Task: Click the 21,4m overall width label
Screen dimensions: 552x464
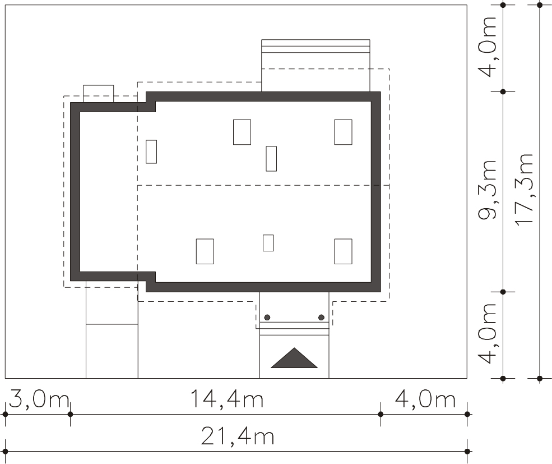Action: point(237,436)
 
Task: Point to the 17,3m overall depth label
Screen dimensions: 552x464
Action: point(524,189)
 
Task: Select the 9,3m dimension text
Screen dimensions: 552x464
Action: point(488,190)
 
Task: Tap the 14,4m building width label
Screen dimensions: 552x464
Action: point(227,399)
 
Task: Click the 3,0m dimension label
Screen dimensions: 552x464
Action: point(39,399)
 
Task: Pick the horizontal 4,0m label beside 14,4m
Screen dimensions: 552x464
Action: point(425,399)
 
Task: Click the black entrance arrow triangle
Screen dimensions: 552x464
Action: point(294,358)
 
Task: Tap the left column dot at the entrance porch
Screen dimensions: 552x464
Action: point(267,318)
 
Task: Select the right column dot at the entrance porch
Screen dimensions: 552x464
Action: point(321,318)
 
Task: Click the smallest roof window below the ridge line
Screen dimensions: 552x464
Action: point(268,243)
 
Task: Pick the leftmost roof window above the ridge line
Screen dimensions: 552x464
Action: point(151,151)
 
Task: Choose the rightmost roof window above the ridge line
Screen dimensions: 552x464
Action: point(343,132)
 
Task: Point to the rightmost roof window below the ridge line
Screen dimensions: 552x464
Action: point(343,251)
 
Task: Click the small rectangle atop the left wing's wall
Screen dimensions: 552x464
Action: point(99,94)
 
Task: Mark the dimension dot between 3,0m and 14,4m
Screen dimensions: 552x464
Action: point(70,414)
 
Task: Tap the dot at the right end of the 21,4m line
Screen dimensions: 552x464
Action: point(467,451)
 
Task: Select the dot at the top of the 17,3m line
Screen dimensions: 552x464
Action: point(540,5)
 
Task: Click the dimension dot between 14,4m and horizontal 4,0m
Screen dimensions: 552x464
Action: point(381,414)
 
